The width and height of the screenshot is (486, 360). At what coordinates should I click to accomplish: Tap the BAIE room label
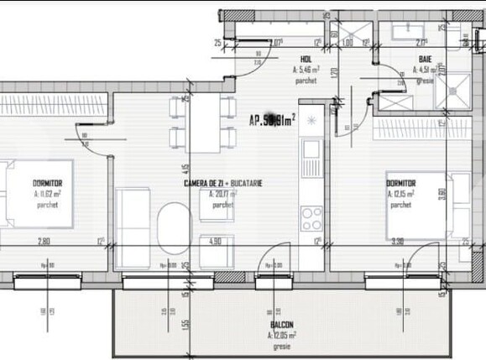pyautogui.click(x=426, y=59)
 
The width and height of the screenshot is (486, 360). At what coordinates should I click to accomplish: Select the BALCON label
pyautogui.click(x=281, y=324)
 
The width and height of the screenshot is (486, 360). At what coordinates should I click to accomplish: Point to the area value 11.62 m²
pyautogui.click(x=49, y=192)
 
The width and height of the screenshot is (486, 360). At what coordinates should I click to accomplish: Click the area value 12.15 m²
pyautogui.click(x=402, y=192)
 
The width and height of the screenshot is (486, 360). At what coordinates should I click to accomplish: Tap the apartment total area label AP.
pyautogui.click(x=271, y=119)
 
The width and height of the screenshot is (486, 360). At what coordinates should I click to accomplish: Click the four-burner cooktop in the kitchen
pyautogui.click(x=311, y=216)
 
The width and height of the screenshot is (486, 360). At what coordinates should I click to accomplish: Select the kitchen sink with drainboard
pyautogui.click(x=311, y=159)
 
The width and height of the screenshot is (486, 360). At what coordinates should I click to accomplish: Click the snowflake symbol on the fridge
pyautogui.click(x=312, y=119)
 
